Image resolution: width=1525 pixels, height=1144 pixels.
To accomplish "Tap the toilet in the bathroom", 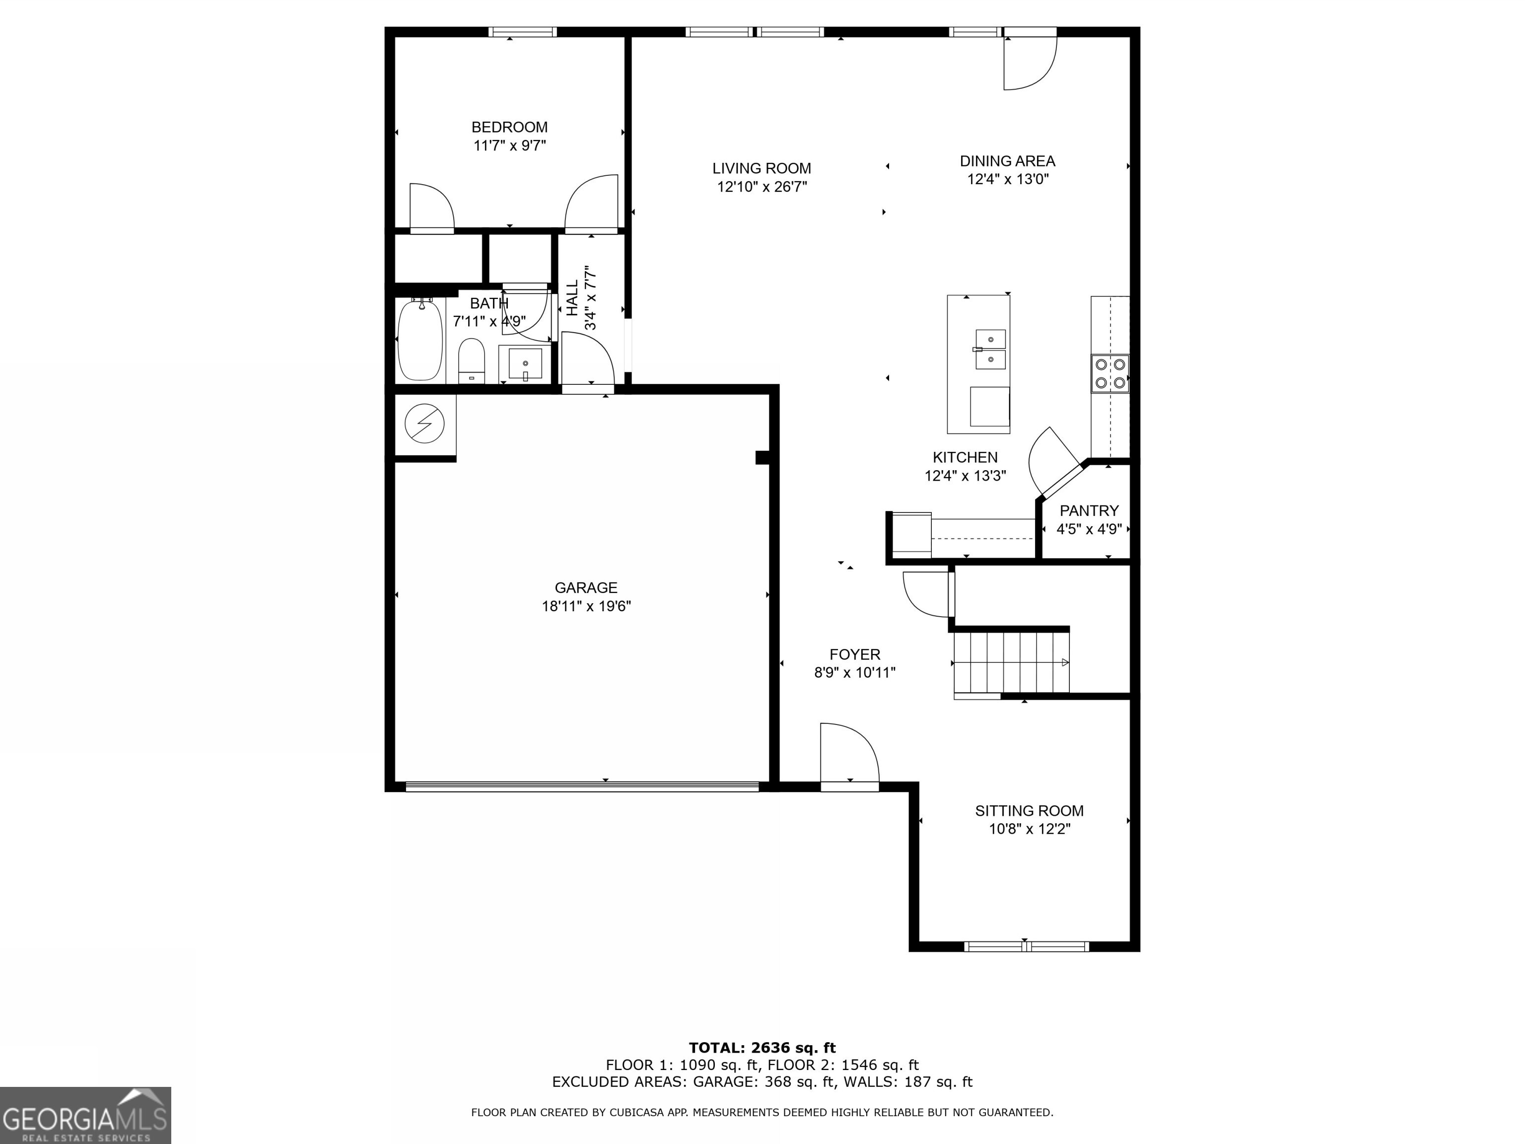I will (472, 360).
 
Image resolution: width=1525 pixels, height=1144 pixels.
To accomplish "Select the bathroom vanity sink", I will (525, 363).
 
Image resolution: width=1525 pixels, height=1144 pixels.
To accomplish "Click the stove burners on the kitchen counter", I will (1109, 373).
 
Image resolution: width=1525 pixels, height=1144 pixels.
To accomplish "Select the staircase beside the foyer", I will (1011, 663).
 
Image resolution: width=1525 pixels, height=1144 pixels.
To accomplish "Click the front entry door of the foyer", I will (849, 754).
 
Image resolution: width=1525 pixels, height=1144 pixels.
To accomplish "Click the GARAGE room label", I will (586, 587).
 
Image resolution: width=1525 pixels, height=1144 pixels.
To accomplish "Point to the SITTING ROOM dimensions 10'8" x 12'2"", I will (1029, 829).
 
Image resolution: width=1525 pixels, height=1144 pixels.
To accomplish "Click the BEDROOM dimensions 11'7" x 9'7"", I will (509, 145).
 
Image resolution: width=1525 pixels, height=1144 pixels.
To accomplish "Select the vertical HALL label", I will (573, 298).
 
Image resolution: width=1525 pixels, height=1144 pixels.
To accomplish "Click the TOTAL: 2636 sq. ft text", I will (762, 1048).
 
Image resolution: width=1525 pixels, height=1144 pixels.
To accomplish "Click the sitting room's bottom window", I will (1026, 946).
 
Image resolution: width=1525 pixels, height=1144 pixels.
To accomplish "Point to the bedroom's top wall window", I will (523, 32).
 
